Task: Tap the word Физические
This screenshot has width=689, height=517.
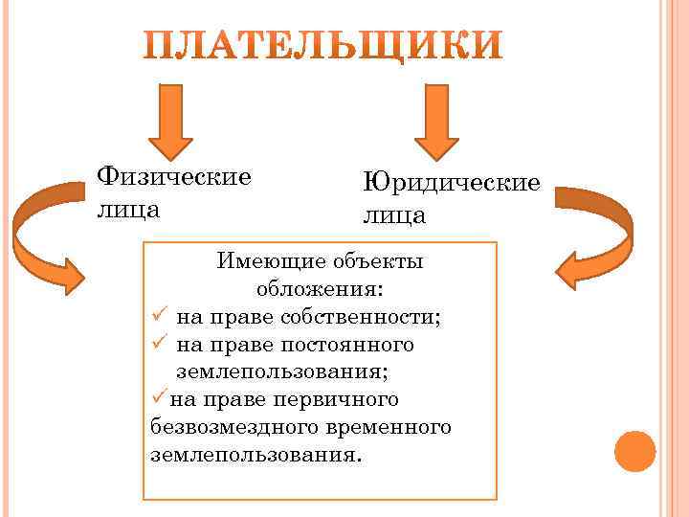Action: click(x=175, y=176)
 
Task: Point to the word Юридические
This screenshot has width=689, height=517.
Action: click(x=451, y=181)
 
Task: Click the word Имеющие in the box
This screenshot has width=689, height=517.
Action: click(x=259, y=260)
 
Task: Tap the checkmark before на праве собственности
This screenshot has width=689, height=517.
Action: click(x=159, y=316)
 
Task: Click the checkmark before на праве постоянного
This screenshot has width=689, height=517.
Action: click(x=159, y=343)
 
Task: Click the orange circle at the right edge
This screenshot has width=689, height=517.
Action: click(x=633, y=450)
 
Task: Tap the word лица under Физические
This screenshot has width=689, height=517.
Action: click(x=128, y=208)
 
